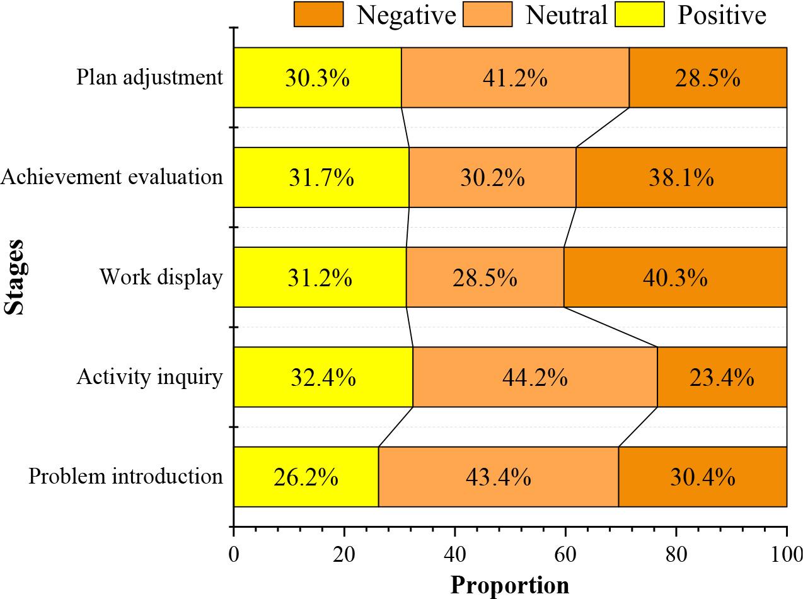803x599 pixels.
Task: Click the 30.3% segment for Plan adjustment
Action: (x=317, y=78)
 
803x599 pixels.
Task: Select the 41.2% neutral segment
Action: (x=515, y=78)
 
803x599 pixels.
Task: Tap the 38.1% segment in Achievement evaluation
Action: (x=681, y=177)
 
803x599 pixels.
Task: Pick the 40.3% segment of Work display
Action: (x=675, y=277)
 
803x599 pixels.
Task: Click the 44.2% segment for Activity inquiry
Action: (x=534, y=377)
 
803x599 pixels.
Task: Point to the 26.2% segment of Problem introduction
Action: (x=306, y=477)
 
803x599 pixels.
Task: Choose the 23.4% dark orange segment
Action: (x=722, y=377)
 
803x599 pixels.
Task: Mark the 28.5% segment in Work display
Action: (x=485, y=277)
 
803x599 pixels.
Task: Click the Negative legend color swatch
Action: (x=318, y=14)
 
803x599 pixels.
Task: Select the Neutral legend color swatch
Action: (x=487, y=14)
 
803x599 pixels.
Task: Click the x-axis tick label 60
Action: (x=565, y=555)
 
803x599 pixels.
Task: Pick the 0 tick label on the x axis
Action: (x=234, y=555)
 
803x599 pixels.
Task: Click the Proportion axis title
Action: (x=509, y=585)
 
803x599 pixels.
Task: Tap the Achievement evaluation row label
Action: (x=112, y=177)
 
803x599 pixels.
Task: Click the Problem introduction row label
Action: (x=125, y=477)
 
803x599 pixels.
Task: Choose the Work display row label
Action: (x=161, y=277)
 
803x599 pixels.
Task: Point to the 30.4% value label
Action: (x=702, y=477)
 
